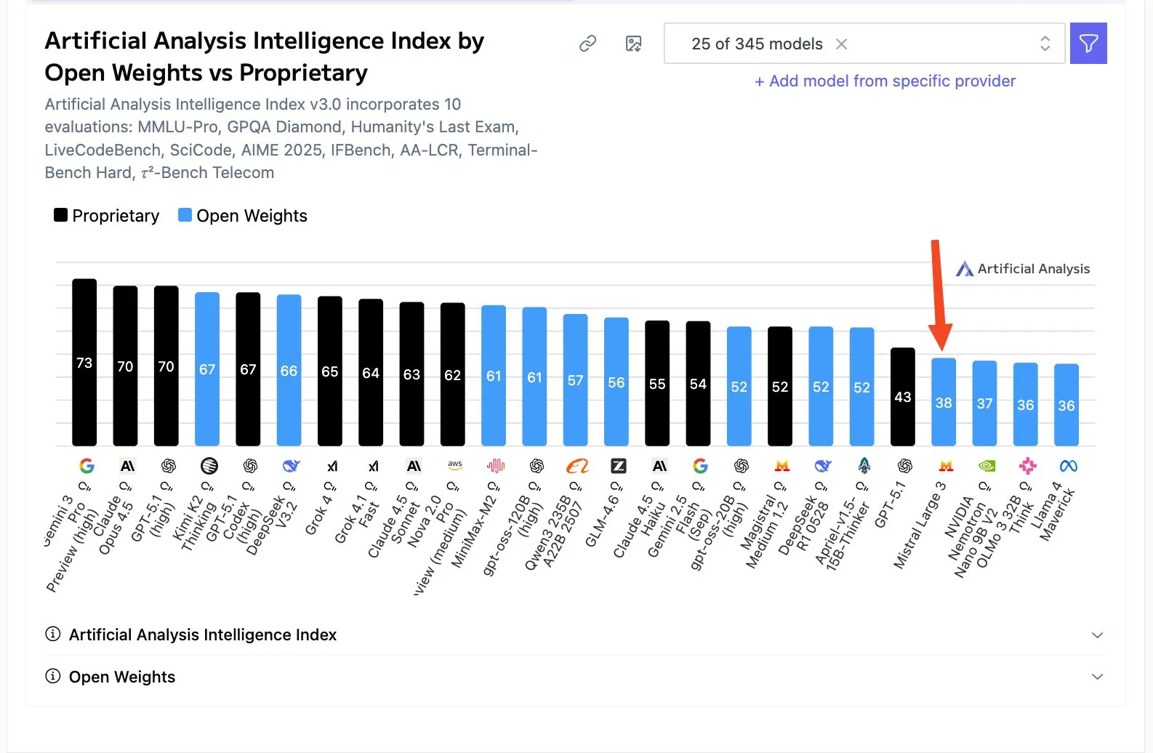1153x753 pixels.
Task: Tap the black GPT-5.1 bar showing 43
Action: [903, 397]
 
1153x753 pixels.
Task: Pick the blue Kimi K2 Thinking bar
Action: [207, 369]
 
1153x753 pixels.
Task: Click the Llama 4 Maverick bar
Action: [1066, 405]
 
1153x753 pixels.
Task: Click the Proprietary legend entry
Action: [107, 216]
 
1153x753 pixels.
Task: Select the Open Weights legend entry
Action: [243, 216]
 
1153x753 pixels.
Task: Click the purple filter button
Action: [1088, 44]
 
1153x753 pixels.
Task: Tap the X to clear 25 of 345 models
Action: [841, 44]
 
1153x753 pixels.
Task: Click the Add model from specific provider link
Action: [885, 81]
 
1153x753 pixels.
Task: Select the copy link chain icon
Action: [587, 44]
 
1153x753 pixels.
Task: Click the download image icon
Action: [633, 44]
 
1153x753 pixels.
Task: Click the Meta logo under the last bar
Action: [1068, 466]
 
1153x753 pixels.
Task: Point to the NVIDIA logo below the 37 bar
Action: [987, 466]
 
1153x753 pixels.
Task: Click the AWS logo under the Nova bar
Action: [455, 465]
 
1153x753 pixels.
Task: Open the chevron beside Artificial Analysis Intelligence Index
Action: [1097, 635]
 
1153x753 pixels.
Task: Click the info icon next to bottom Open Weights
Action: [53, 677]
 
